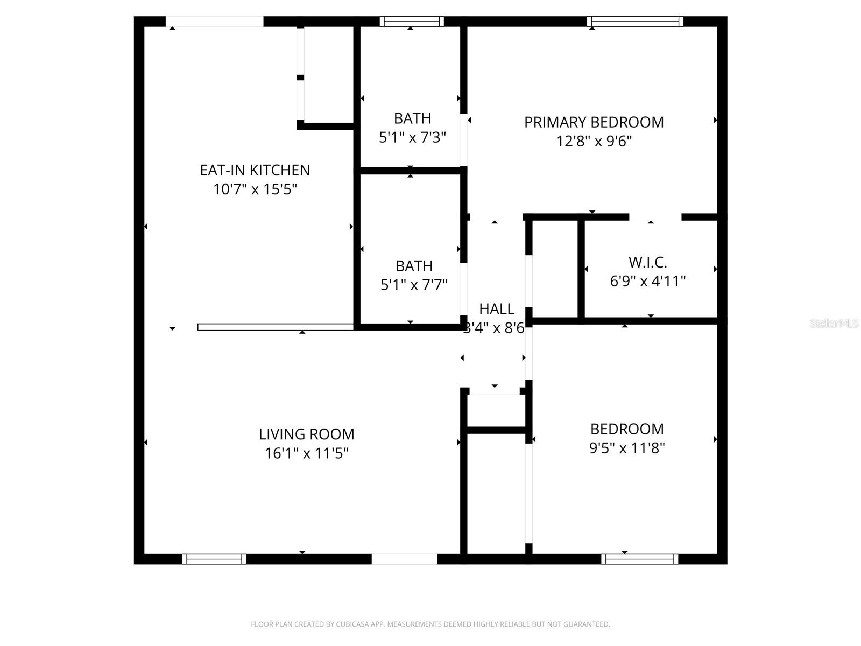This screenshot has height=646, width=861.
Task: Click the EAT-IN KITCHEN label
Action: pos(255,170)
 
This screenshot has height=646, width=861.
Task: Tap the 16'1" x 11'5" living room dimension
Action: pos(306,453)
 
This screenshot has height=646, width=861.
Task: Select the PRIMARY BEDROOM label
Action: pos(594,122)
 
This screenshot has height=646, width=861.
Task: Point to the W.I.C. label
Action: pos(647,263)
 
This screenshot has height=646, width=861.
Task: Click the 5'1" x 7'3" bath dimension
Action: pos(412,138)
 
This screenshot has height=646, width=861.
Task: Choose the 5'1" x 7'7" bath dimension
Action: pos(414,285)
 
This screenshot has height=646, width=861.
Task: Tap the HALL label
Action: pos(496,309)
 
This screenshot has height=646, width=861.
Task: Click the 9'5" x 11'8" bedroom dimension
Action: pos(627,448)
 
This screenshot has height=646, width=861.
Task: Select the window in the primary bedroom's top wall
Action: pos(635,22)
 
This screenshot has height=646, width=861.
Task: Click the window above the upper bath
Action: pos(412,22)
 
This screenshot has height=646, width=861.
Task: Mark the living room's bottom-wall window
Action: pos(214,559)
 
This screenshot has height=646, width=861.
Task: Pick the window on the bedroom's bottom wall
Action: pos(639,559)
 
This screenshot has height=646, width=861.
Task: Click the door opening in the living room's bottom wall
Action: pos(404,559)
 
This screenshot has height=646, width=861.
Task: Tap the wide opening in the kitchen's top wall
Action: pos(214,22)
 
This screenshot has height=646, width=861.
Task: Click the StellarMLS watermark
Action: pos(834,324)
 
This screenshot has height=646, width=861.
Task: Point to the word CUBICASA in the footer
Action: pos(352,624)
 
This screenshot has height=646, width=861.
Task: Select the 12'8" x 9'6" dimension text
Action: pos(594,142)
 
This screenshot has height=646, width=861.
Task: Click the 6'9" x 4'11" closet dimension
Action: pos(647,282)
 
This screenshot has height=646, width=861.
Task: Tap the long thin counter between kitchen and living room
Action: pos(276,327)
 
